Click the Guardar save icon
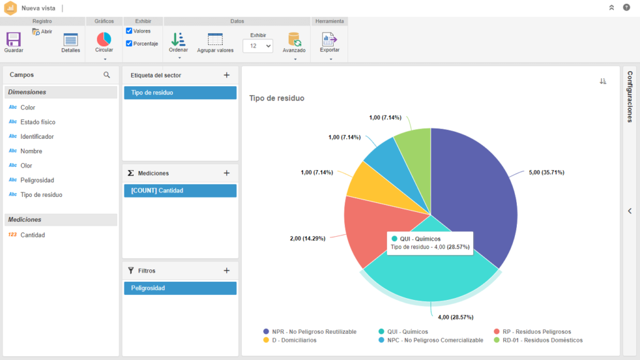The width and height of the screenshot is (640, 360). pos(14,39)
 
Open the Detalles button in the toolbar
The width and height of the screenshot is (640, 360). pos(71,39)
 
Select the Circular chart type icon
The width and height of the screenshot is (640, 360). pos(104,39)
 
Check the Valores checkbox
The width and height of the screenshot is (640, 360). pos(129,31)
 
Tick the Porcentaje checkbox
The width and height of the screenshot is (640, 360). pos(129,43)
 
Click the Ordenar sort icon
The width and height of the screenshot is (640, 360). pos(178,39)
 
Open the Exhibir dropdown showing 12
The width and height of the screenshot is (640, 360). pos(258,46)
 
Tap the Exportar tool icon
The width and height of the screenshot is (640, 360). pos(329,39)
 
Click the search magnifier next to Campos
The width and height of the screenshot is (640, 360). pos(106,75)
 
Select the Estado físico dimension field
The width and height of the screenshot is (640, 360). pos(37,122)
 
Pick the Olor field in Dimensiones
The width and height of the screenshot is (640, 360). pos(26,165)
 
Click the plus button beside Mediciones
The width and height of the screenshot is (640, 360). pos(226,173)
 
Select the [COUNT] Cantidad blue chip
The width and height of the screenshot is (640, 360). pos(181,191)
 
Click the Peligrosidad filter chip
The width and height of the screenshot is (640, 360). pos(181,288)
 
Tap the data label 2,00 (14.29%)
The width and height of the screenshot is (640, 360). pos(307,238)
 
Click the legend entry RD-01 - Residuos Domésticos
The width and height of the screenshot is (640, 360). pos(542,340)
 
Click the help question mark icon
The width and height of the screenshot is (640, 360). pos(626,7)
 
